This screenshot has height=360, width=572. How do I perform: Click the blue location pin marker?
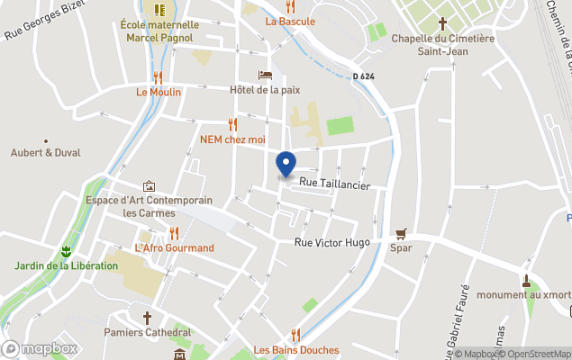[x=286, y=165]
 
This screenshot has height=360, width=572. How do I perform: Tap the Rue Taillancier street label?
[x=334, y=184]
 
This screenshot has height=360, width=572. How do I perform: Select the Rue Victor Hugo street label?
[x=332, y=243]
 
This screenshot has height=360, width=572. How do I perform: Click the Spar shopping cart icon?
[x=401, y=233]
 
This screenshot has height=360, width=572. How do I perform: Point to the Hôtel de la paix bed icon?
[x=264, y=76]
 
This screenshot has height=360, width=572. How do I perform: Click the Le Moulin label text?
[x=159, y=92]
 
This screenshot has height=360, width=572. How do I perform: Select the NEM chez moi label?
[x=232, y=139]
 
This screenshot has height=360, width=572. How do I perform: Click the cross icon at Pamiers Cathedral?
[x=148, y=318]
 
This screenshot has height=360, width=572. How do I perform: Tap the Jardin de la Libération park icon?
[x=65, y=250]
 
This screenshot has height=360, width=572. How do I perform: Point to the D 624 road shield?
[x=363, y=76]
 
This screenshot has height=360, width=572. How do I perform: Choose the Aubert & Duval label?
[x=45, y=153]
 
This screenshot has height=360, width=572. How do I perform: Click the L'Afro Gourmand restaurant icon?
[x=174, y=233]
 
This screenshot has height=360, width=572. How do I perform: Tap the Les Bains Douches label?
[x=295, y=350]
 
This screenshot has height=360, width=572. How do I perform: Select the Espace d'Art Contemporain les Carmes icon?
[x=149, y=185]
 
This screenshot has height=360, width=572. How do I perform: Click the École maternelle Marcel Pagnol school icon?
[x=159, y=10]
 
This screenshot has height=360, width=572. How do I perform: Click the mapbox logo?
[x=41, y=348]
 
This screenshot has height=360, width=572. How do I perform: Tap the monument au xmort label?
[x=523, y=294]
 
